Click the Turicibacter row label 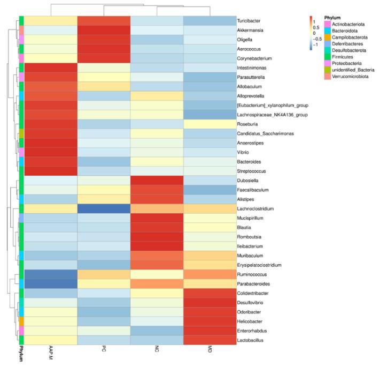click(x=249, y=20)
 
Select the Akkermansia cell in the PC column click(x=104, y=30)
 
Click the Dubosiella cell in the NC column click(x=157, y=181)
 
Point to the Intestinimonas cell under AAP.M click(x=51, y=68)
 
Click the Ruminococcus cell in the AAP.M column click(x=51, y=274)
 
